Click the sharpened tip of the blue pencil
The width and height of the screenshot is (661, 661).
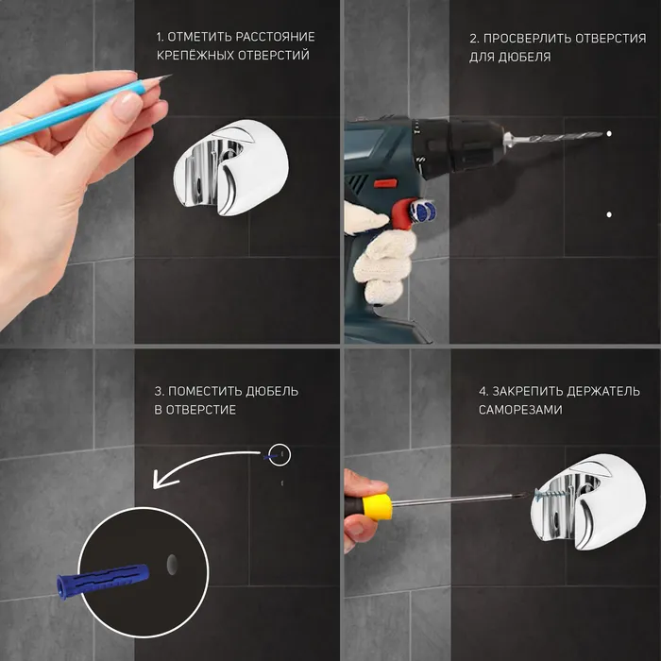click(171, 75)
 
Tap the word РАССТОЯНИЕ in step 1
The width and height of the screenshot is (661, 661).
click(275, 37)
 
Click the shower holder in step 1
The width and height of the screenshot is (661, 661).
click(231, 168)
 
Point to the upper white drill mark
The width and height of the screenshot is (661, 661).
click(609, 134)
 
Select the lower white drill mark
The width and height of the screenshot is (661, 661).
click(609, 214)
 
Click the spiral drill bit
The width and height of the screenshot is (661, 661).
click(553, 138)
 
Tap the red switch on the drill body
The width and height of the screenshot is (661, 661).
click(386, 183)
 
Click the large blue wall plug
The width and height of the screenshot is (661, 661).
click(102, 579)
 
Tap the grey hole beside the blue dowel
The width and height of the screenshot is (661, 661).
click(172, 565)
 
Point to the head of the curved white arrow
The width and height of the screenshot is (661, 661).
click(162, 480)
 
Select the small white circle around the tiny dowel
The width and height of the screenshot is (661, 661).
click(280, 445)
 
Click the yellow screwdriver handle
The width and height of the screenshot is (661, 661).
click(378, 508)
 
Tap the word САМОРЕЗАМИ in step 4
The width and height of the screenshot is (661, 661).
click(520, 410)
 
